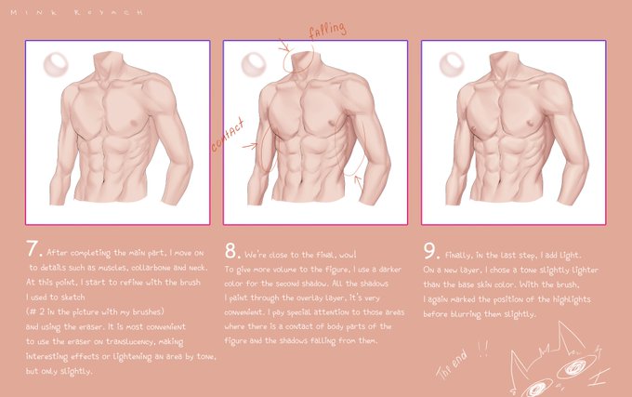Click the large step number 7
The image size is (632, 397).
pos(33,248)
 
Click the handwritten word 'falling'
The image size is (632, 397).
pos(327,30)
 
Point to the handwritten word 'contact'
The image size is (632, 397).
pos(228,136)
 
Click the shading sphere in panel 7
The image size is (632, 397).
pos(56,64)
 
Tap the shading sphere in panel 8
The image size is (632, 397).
pos(254,64)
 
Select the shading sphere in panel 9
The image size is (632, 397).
pos(452,64)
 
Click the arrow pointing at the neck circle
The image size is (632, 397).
pos(283,46)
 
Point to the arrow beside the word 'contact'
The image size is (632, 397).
pos(250,145)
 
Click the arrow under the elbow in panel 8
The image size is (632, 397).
pos(359,182)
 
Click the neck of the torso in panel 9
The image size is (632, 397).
pos(504,64)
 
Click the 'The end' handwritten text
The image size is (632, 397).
pos(453,364)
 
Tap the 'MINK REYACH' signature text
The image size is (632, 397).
pos(76,12)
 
